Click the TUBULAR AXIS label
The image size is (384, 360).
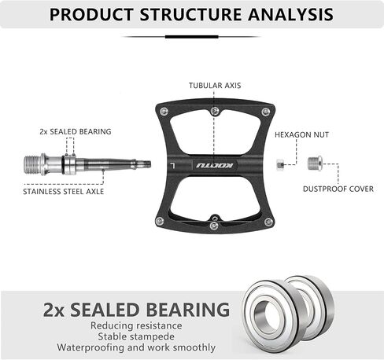click(215, 86)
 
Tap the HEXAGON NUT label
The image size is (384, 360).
click(301, 134)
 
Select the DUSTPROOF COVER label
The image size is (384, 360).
click(338, 189)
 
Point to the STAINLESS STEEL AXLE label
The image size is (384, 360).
click(64, 192)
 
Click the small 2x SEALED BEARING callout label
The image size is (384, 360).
click(76, 131)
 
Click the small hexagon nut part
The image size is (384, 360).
click(280, 164)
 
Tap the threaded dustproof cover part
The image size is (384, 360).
click(315, 163)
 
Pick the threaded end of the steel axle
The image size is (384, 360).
click(32, 165)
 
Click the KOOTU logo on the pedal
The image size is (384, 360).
click(214, 165)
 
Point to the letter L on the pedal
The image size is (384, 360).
click(172, 165)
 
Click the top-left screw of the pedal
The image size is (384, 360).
click(164, 111)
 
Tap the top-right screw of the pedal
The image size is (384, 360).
click(266, 112)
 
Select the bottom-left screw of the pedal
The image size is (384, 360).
click(160, 221)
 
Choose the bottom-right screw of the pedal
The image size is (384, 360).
click(268, 222)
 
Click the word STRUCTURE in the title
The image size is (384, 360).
click(190, 14)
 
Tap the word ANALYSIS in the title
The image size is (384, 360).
click(290, 14)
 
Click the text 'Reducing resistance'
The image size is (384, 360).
click(136, 325)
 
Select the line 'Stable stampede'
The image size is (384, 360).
click(136, 336)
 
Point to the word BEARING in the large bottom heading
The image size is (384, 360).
click(188, 310)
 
